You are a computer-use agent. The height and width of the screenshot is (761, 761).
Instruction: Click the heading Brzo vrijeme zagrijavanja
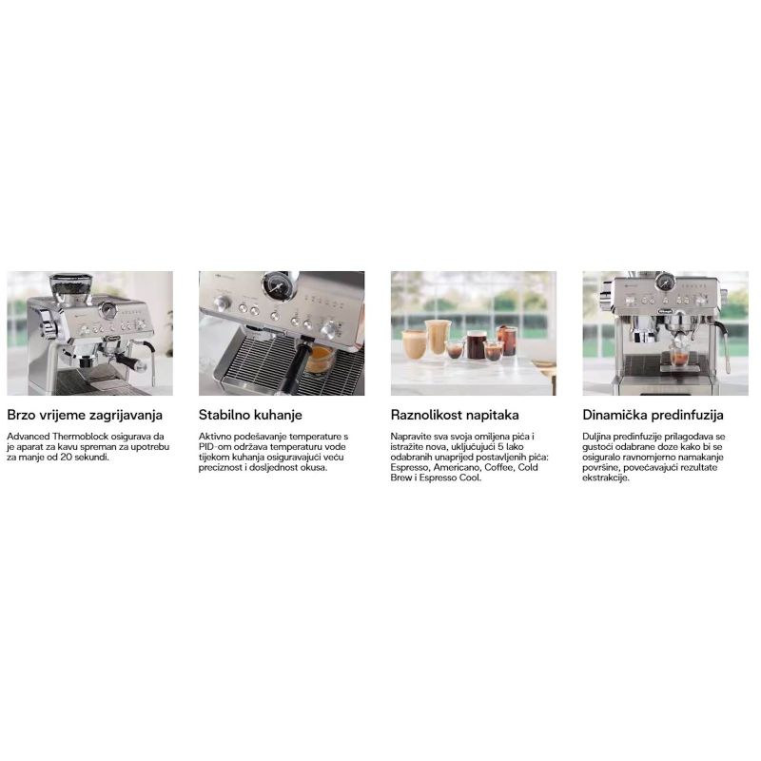(85, 415)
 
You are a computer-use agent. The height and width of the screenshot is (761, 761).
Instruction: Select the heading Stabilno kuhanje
(250, 415)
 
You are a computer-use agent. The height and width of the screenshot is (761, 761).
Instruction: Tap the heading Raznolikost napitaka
(455, 415)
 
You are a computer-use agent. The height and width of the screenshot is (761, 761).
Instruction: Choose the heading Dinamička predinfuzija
(653, 415)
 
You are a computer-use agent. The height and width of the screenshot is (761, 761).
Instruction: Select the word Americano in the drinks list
(457, 467)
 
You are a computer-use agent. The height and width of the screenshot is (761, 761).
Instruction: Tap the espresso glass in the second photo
(320, 361)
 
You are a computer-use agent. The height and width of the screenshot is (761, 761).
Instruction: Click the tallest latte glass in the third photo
(437, 338)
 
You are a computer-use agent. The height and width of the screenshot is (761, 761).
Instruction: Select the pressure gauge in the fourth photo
(665, 282)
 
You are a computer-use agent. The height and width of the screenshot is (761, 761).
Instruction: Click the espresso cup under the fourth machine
(678, 357)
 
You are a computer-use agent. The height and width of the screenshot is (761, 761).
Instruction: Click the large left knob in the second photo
(223, 303)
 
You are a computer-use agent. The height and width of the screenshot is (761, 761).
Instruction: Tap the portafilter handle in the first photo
(130, 361)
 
